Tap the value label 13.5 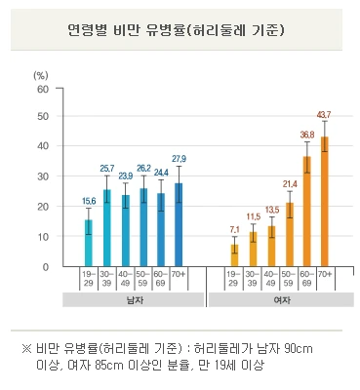[x=270, y=209]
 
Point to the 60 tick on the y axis [x=42, y=89]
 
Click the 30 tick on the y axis [x=42, y=177]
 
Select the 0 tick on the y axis [x=45, y=266]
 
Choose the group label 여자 [x=279, y=300]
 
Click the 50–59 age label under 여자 [x=289, y=281]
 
